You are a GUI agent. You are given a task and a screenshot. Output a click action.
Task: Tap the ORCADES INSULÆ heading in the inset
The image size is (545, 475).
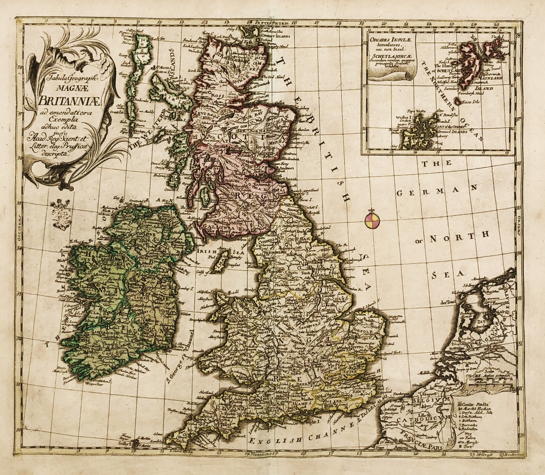click(x=389, y=41)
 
